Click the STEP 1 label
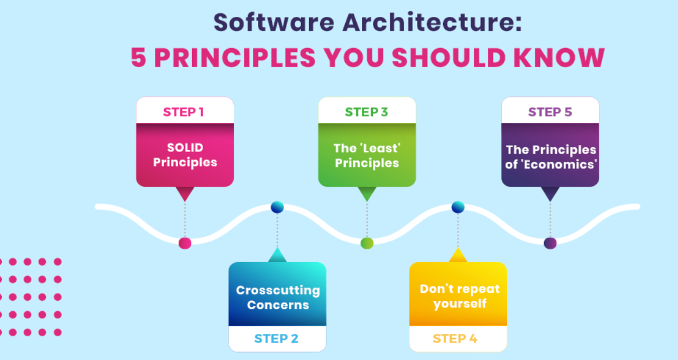pyautogui.click(x=183, y=112)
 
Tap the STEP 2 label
pyautogui.click(x=276, y=339)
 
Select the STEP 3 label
pyautogui.click(x=366, y=112)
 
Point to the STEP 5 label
pyautogui.click(x=550, y=112)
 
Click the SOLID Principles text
pyautogui.click(x=185, y=155)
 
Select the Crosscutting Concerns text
pyautogui.click(x=277, y=297)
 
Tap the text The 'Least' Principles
pyautogui.click(x=367, y=155)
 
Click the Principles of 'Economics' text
pyautogui.click(x=550, y=157)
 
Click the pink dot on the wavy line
pyautogui.click(x=185, y=243)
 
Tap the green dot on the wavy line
pyautogui.click(x=367, y=243)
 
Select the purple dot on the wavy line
pyautogui.click(x=550, y=243)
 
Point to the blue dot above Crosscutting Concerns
pyautogui.click(x=277, y=207)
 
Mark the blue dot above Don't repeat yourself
pyautogui.click(x=458, y=207)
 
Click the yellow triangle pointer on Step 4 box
pyautogui.click(x=458, y=255)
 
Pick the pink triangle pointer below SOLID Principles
pyautogui.click(x=184, y=194)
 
